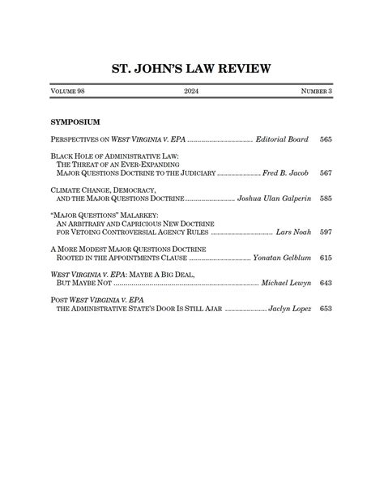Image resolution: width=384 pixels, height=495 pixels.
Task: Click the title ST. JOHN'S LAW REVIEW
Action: [x=191, y=68]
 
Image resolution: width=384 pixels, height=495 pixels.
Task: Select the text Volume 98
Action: [x=67, y=92]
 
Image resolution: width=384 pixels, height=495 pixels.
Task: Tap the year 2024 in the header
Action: [x=191, y=92]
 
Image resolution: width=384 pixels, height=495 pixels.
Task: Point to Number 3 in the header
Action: [x=316, y=92]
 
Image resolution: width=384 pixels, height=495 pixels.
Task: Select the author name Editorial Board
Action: [x=281, y=140]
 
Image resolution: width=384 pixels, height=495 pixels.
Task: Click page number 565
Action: [x=326, y=140]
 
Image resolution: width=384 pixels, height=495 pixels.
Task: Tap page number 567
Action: [x=326, y=173]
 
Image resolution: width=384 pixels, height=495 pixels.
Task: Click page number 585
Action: [x=326, y=198]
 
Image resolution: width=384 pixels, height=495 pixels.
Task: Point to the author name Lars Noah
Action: [x=292, y=233]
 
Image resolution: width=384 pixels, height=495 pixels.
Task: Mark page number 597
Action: [x=326, y=233]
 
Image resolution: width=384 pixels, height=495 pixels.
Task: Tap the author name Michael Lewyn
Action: [x=284, y=284]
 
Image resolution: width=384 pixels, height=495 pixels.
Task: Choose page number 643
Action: [x=326, y=284]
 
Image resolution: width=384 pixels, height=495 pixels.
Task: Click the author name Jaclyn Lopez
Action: [x=288, y=309]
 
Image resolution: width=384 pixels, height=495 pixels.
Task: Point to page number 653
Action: [x=326, y=309]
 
